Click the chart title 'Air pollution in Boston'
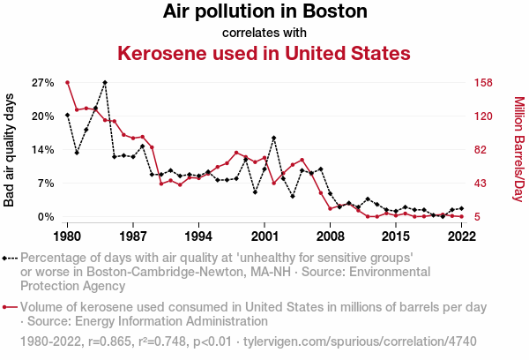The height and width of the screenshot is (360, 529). click(x=264, y=12)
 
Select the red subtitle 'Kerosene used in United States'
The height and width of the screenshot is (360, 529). click(x=264, y=53)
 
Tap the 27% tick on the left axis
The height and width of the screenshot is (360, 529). click(x=43, y=83)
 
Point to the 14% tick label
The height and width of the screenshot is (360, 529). click(x=43, y=150)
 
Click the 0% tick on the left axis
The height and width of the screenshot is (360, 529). click(x=47, y=217)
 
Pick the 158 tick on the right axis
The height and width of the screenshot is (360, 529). click(x=484, y=83)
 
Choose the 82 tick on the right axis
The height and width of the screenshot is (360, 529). click(x=481, y=150)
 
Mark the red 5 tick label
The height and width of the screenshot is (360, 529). click(x=477, y=217)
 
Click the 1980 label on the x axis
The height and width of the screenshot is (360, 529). click(x=67, y=237)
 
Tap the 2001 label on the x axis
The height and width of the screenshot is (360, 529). click(x=264, y=237)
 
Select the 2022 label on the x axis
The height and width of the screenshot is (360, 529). click(x=461, y=237)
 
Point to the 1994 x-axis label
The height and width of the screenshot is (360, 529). click(x=198, y=237)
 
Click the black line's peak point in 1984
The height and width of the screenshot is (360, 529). click(x=105, y=82)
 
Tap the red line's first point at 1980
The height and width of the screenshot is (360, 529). click(x=67, y=82)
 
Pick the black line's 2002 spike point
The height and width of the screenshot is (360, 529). click(x=274, y=138)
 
